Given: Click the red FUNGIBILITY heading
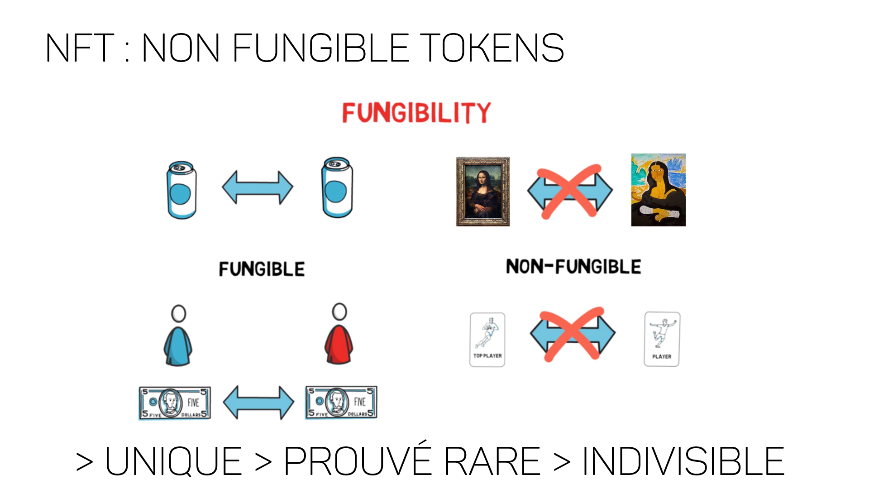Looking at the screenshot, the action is [x=416, y=112].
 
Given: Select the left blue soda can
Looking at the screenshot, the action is [x=181, y=190].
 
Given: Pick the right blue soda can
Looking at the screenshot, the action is [x=337, y=187].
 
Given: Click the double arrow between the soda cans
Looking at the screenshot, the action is [x=258, y=187].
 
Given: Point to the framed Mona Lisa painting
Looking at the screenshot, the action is [x=483, y=192].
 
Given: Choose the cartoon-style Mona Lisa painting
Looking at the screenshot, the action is [x=659, y=190].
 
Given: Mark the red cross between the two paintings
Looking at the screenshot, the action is [x=570, y=191].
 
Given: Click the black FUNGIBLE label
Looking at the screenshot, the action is [x=262, y=269].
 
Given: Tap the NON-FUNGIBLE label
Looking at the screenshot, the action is [x=573, y=267].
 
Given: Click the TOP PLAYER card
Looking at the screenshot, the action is [x=487, y=340].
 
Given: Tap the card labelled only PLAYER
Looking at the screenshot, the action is [x=662, y=339].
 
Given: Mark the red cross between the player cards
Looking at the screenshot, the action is [x=573, y=334].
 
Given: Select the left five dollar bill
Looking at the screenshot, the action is [x=175, y=403].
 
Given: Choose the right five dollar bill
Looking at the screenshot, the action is [x=341, y=402].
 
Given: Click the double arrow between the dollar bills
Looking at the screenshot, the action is [x=258, y=403].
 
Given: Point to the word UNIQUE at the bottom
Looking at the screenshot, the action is [x=174, y=461].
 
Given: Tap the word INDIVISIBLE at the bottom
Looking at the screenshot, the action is [x=683, y=461].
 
